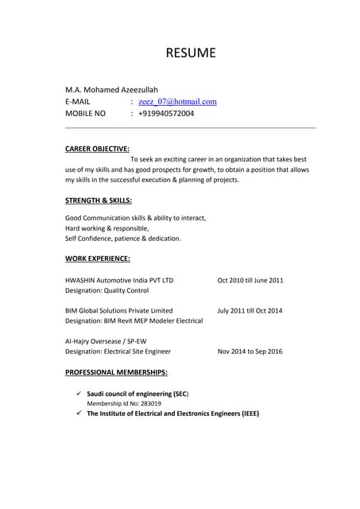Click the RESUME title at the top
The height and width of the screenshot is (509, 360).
pyautogui.click(x=190, y=53)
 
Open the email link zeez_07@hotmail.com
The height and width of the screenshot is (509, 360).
pyautogui.click(x=177, y=102)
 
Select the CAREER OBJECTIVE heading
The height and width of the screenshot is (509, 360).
pyautogui.click(x=97, y=148)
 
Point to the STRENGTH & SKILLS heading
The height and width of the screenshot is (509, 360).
pyautogui.click(x=98, y=200)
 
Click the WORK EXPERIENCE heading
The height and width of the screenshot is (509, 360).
pyautogui.click(x=97, y=258)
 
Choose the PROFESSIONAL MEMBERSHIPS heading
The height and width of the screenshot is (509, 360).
pyautogui.click(x=116, y=372)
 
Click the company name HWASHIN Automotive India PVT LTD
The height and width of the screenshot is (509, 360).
pyautogui.click(x=119, y=280)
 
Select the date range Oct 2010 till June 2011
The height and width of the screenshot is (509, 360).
pyautogui.click(x=250, y=280)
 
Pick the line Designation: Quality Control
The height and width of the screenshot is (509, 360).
pyautogui.click(x=106, y=291)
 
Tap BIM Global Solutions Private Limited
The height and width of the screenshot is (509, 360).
pyautogui.click(x=118, y=310)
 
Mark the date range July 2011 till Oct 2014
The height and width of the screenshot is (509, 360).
pyautogui.click(x=250, y=310)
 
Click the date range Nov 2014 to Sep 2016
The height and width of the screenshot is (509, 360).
pyautogui.click(x=250, y=351)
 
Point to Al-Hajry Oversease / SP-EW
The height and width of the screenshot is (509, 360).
pyautogui.click(x=106, y=340)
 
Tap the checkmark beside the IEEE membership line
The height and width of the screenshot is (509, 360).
pyautogui.click(x=78, y=414)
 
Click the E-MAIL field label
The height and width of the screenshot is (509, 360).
pyautogui.click(x=78, y=102)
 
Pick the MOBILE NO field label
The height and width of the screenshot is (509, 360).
pyautogui.click(x=85, y=114)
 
